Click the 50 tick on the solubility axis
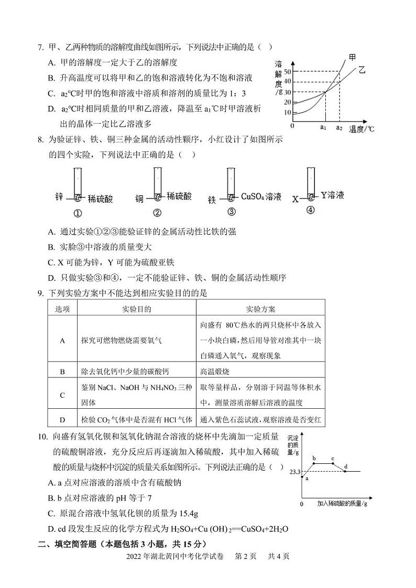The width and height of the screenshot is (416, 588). point(288,71)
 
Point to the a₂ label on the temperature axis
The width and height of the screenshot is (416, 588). point(339,127)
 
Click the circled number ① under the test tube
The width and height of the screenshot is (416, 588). point(78,213)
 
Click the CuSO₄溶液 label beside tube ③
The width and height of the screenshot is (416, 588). point(261,197)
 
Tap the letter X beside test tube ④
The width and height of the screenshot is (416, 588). point(295,199)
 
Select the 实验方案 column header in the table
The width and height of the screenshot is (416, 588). point(260,309)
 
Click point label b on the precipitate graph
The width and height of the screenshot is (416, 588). point(314,459)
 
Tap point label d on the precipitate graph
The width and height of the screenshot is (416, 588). point(346,466)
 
